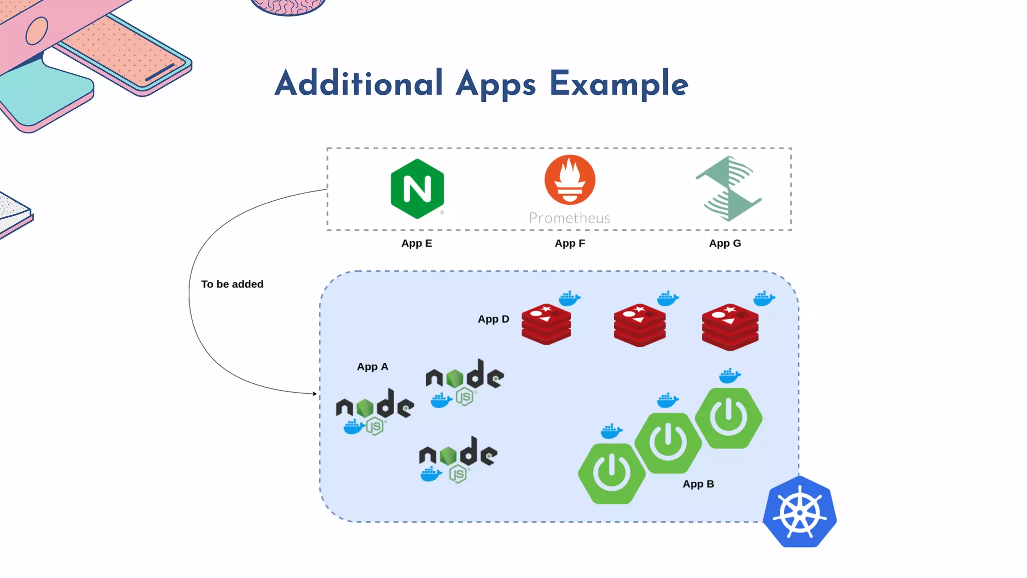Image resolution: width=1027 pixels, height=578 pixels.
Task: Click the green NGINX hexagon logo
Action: click(417, 189)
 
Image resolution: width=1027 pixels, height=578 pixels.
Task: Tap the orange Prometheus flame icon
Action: click(570, 180)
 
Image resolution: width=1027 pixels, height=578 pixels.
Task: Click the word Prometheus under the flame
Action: click(570, 218)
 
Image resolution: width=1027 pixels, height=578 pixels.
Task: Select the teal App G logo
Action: click(729, 189)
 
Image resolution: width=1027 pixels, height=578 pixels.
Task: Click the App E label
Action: click(416, 243)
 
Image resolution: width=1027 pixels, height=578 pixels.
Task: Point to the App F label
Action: click(570, 243)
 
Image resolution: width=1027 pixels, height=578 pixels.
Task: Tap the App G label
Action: click(725, 243)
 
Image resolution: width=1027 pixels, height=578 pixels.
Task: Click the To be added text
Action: click(232, 284)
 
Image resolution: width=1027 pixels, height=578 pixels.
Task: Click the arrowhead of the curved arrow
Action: click(314, 394)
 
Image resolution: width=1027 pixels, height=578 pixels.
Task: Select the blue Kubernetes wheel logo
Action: click(799, 512)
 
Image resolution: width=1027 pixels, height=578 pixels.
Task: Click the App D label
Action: click(493, 319)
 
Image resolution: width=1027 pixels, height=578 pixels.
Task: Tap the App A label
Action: click(372, 367)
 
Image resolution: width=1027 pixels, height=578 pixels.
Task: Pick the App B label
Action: click(698, 484)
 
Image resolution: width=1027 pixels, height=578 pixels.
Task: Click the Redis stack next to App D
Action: click(546, 324)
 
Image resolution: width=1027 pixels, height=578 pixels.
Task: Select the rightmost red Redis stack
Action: click(730, 327)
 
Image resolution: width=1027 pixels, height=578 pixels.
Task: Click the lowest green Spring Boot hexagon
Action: click(611, 473)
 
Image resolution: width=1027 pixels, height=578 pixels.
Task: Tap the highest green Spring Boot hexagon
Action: click(729, 418)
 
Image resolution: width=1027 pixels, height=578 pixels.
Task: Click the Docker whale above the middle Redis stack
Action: click(667, 299)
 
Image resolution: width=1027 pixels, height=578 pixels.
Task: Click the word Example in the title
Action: click(619, 84)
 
